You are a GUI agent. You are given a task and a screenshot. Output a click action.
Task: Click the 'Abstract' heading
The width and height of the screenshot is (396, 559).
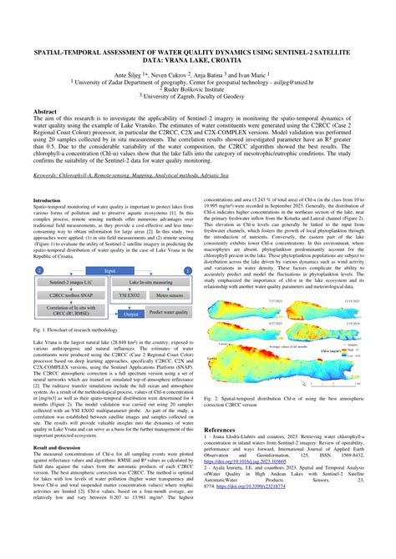click(x=44, y=111)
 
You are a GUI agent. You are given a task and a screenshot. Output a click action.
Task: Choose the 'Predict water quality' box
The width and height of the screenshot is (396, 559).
click(x=170, y=310)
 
